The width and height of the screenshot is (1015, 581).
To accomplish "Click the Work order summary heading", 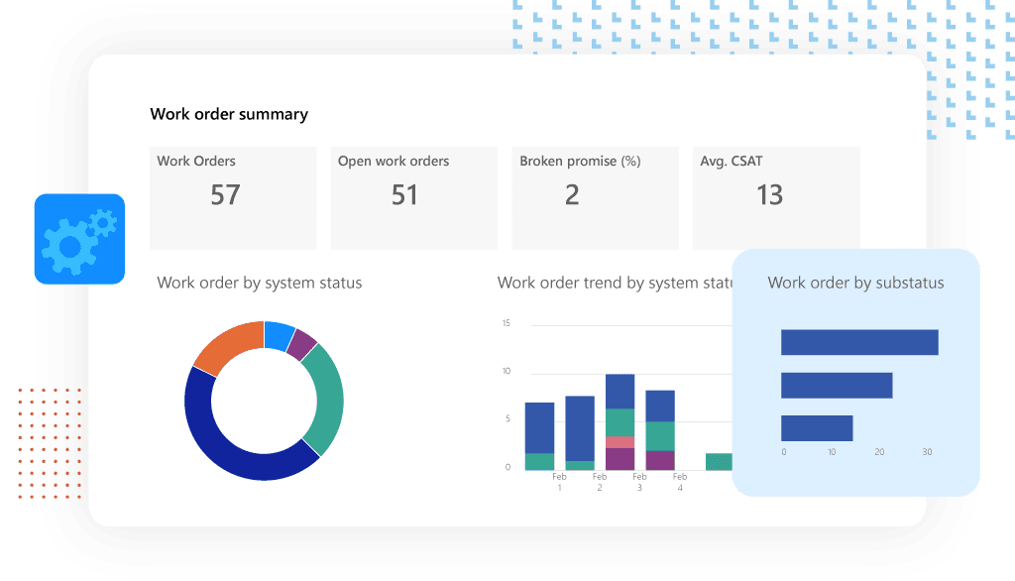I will tap(229, 114).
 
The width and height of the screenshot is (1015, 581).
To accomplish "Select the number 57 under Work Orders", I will tap(225, 194).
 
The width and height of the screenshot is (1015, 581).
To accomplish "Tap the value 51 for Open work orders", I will tap(404, 194).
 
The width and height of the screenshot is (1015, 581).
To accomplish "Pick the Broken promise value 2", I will tap(572, 194).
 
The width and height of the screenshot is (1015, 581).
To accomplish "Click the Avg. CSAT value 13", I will tap(769, 194).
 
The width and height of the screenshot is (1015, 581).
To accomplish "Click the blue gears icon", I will tap(78, 239).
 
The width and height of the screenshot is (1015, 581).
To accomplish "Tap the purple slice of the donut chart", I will tap(302, 343).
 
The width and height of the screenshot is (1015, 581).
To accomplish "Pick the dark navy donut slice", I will tap(228, 446).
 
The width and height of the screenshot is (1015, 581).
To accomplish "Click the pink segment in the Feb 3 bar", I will tap(620, 442).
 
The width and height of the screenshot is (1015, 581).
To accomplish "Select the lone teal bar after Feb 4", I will tap(719, 461).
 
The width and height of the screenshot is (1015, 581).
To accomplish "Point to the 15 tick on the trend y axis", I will tap(506, 323).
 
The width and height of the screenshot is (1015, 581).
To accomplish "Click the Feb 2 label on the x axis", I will tap(599, 482).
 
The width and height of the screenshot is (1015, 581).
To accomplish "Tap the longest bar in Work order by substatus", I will tap(858, 342).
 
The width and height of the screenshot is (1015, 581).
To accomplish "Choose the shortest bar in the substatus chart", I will tap(817, 428).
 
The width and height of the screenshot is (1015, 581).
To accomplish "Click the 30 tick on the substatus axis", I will tap(927, 452).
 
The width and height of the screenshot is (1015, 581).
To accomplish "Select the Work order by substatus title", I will tap(855, 283).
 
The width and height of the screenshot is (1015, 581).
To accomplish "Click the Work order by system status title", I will tap(260, 283).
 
